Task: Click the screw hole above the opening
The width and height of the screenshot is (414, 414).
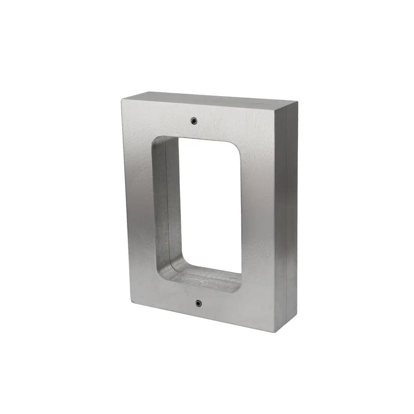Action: tap(194, 120)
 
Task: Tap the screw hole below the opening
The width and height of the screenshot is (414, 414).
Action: tap(198, 303)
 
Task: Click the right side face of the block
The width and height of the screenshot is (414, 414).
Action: tap(290, 215)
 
